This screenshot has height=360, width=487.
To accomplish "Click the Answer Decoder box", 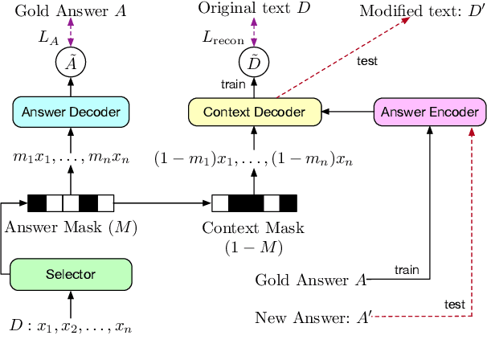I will coord(71,112).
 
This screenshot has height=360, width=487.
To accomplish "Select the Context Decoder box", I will coord(253,112).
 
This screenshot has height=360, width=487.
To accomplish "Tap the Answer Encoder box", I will coord(430,112).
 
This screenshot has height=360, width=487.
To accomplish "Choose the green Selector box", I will coord(71,274).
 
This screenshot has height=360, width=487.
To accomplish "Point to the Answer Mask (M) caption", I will coord(71,227).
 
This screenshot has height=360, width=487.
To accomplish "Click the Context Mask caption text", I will coord(254,228).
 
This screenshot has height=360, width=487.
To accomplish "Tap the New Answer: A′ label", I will coord(313,317).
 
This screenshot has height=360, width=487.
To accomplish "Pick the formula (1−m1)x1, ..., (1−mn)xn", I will coord(253,157).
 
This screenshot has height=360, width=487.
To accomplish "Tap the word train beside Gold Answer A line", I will coord(407,271).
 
